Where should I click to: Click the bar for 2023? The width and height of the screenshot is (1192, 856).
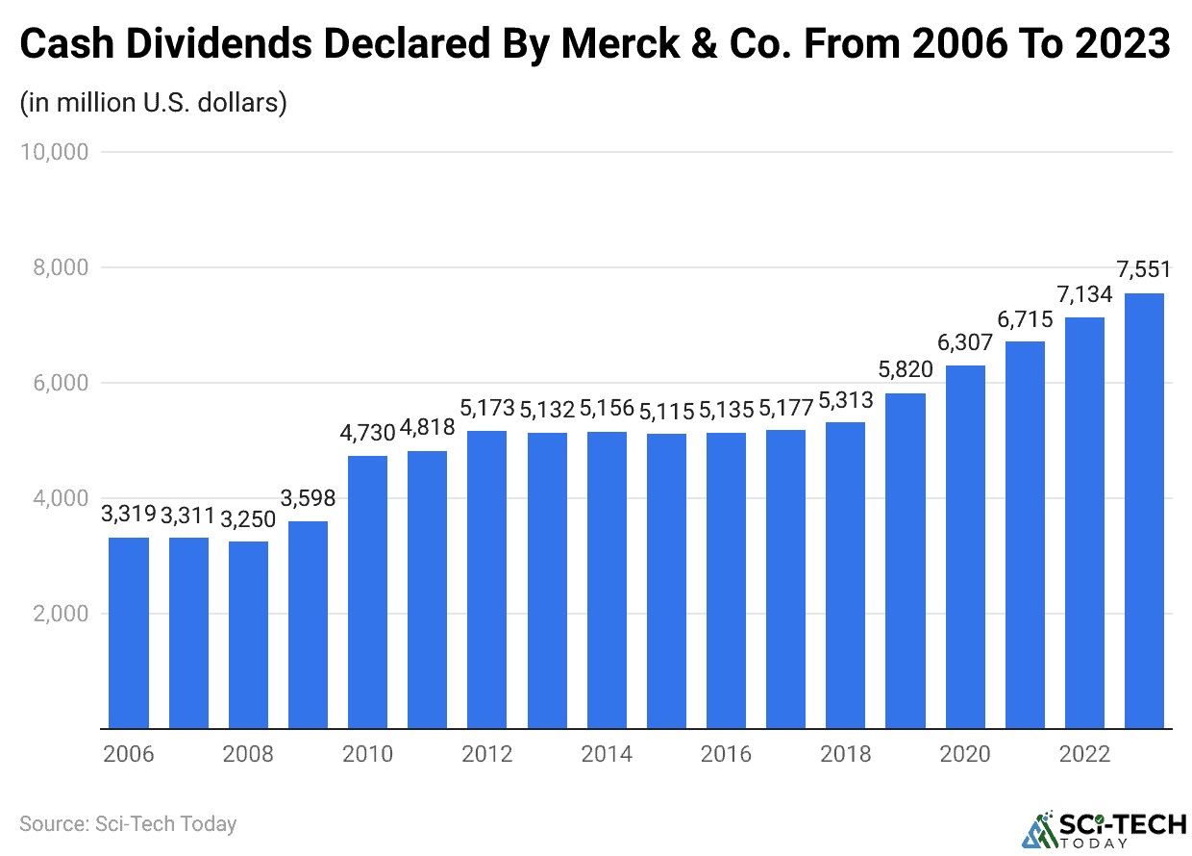click(1144, 511)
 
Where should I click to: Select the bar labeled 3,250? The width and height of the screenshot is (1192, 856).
click(248, 635)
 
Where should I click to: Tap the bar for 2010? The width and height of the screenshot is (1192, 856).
click(367, 592)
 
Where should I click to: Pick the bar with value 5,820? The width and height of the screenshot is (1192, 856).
click(905, 561)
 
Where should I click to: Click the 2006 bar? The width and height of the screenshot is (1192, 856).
click(129, 633)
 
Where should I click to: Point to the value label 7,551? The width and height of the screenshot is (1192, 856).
click(1144, 270)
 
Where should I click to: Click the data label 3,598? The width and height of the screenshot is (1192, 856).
click(308, 498)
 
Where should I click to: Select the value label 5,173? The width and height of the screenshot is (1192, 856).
click(487, 408)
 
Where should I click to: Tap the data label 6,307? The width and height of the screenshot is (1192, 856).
click(964, 342)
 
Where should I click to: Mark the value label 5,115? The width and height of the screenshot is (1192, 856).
click(666, 411)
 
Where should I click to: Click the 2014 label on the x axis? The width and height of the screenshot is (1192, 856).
click(607, 754)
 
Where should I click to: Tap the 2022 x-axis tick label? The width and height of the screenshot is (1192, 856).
click(1084, 754)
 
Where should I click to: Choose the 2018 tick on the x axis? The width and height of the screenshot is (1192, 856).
click(845, 754)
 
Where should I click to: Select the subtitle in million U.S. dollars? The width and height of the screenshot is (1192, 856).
click(154, 102)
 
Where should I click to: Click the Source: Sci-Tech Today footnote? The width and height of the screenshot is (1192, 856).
click(128, 824)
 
